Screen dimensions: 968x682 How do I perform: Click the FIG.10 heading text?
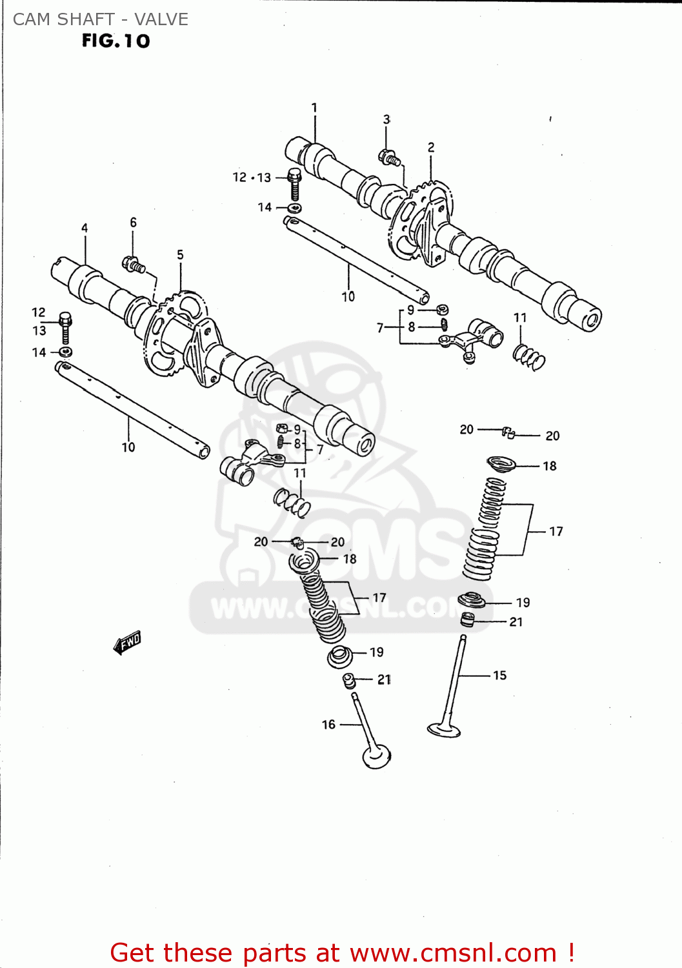point(115,41)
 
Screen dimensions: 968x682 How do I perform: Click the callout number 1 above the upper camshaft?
point(314,108)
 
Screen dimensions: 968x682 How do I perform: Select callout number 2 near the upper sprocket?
point(431,148)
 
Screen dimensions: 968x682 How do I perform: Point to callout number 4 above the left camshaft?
point(85,228)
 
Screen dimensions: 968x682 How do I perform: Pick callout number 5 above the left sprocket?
point(180,255)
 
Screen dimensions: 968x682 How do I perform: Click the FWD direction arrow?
point(127,642)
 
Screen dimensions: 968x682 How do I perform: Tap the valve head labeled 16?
point(377,756)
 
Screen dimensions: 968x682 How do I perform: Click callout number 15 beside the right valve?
point(500,676)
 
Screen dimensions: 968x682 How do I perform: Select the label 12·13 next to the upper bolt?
point(252,177)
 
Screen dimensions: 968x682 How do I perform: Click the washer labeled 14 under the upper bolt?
point(295,208)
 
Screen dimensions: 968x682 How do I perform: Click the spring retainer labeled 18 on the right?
point(501,463)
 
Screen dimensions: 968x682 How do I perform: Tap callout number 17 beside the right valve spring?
point(556,531)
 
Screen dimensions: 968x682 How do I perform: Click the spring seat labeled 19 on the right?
point(472,601)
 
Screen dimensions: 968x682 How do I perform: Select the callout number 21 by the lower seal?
point(384,680)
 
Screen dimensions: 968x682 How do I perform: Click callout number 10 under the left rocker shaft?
point(128,447)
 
